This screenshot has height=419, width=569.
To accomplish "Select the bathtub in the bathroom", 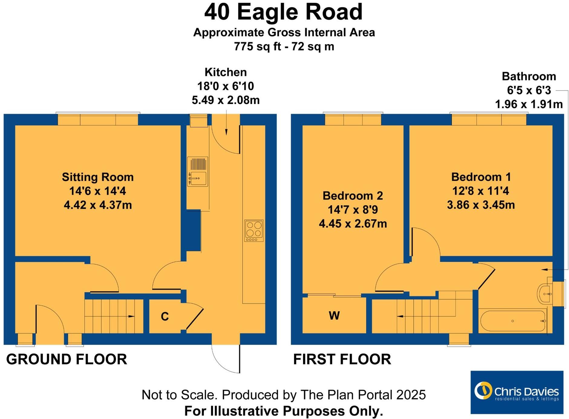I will coord(513,321).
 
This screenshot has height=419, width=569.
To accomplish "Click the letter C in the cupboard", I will coord(165,316).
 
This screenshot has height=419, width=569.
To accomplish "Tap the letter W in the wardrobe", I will coord(334,316).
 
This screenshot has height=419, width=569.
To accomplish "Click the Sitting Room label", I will coord(98,177).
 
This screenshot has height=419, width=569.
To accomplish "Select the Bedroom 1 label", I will coord(481,177).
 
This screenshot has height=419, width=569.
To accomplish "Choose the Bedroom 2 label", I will coord(353,196).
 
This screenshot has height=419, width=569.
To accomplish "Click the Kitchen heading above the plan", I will coord(226,72).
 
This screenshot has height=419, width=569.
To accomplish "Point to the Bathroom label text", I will coord(529,77).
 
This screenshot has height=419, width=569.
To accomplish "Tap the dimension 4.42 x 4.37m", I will coord(98,205).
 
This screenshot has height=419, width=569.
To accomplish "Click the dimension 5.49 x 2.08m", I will coord(226,100).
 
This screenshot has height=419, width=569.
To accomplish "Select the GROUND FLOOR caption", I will coord(67,359).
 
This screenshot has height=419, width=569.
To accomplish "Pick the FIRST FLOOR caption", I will coord(342,359).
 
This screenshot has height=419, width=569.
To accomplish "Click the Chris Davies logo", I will coord(517,392).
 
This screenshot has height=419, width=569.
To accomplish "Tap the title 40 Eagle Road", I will coord(283,12).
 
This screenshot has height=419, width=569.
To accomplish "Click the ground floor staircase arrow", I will coord(131,316).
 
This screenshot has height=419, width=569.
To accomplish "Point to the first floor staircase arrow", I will coord(400,316).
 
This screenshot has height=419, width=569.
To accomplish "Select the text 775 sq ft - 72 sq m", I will coord(284,47).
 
